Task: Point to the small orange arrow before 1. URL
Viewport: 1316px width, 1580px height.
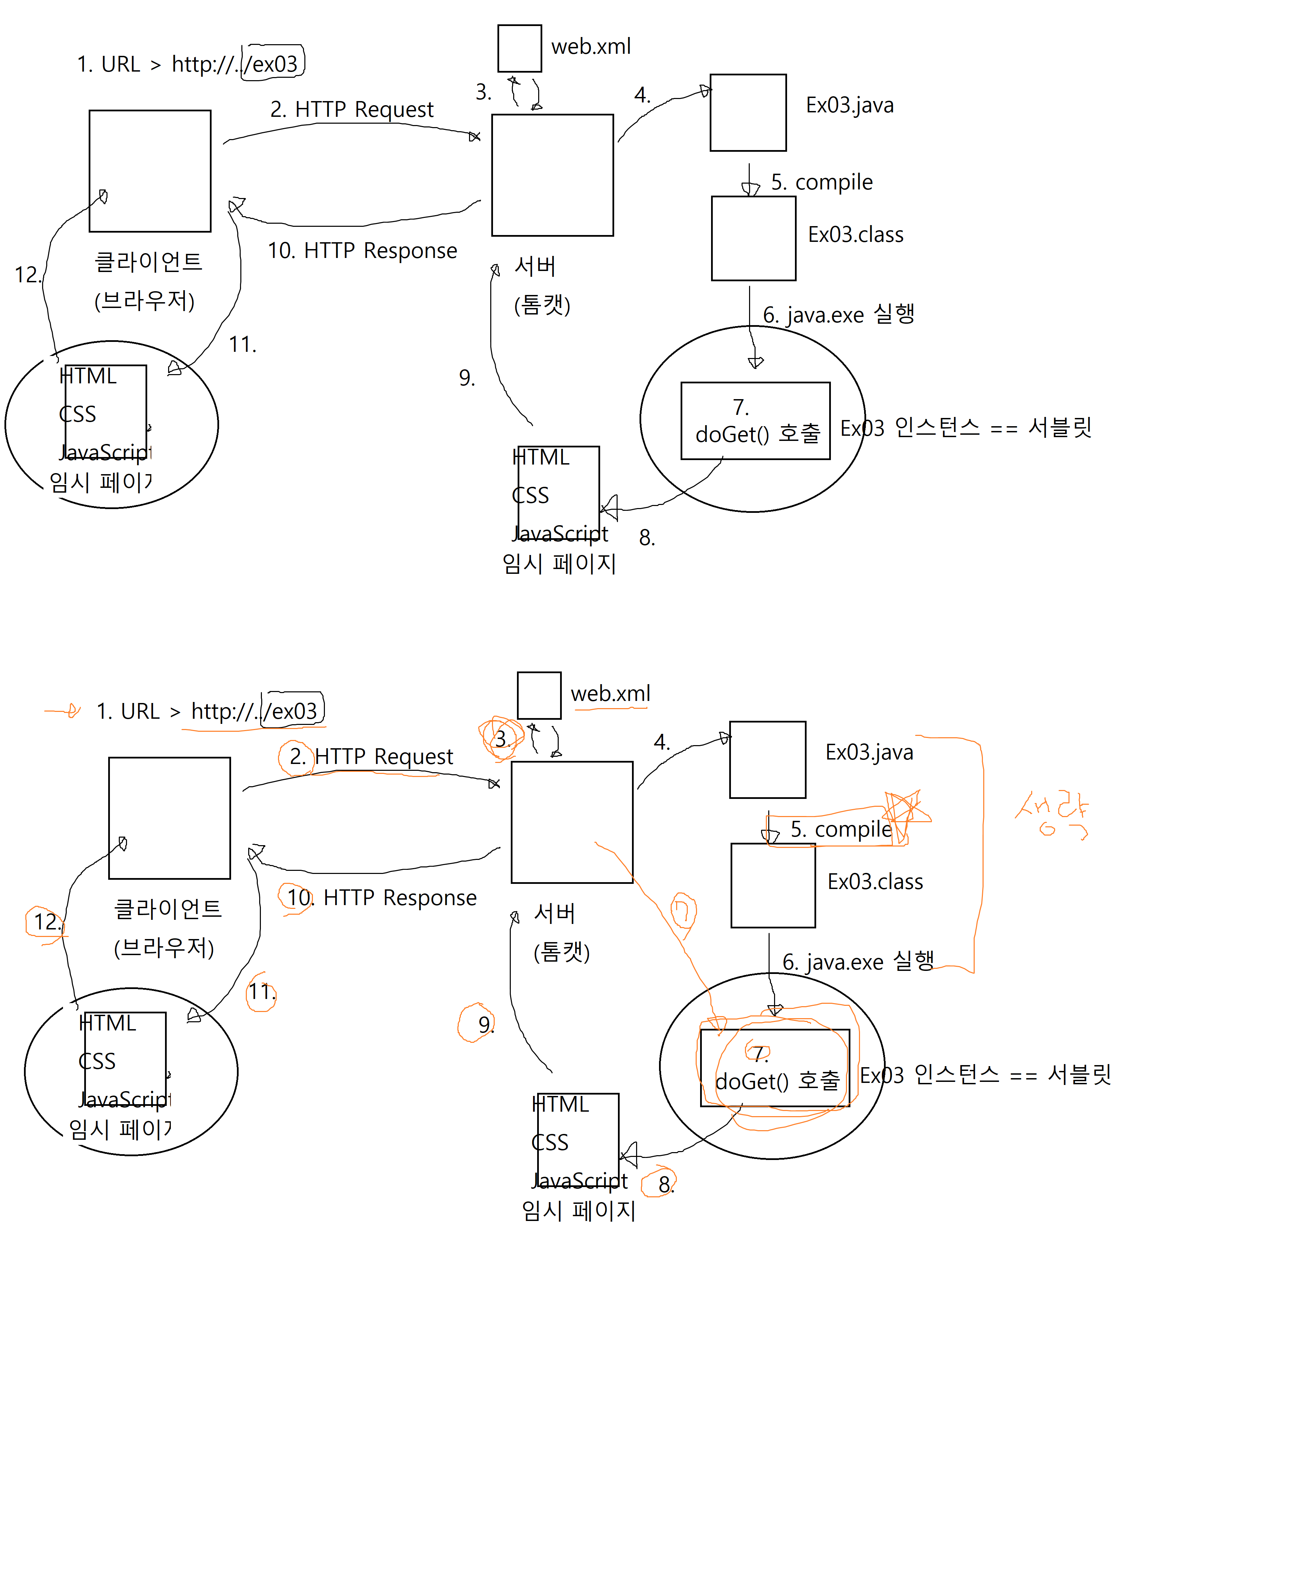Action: (64, 710)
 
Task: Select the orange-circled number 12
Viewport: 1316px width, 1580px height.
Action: (45, 922)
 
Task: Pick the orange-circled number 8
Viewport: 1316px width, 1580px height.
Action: (660, 1184)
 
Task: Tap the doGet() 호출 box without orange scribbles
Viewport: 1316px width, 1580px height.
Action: (756, 421)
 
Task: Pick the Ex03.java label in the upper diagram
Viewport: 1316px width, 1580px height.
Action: (850, 105)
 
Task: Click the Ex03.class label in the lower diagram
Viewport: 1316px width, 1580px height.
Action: (875, 882)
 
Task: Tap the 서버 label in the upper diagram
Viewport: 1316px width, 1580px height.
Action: (535, 266)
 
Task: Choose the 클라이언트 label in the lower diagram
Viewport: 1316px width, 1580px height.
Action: (168, 909)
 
